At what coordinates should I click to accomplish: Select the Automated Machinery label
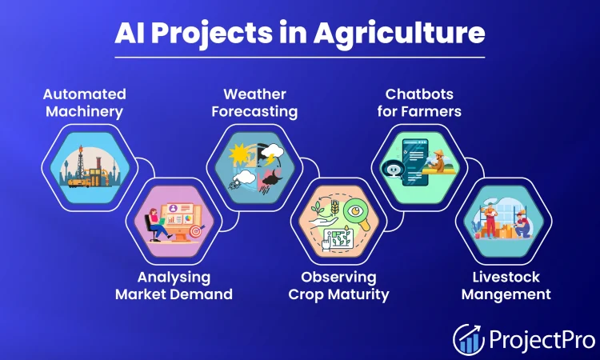84,103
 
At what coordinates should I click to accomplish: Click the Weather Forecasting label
254,103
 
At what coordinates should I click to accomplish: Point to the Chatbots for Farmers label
419,103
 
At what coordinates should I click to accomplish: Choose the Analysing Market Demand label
174,286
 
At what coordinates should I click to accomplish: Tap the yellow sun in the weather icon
238,151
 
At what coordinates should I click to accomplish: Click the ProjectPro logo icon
469,338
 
